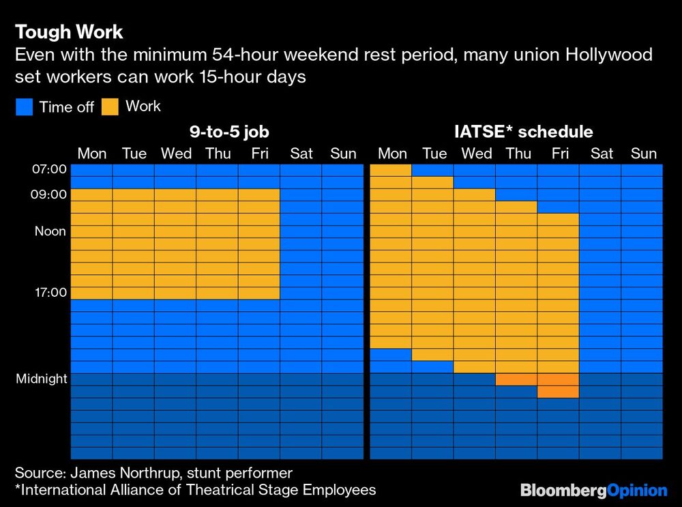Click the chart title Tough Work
click(69, 32)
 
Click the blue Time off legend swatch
click(23, 106)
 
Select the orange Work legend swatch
click(109, 106)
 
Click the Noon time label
click(50, 231)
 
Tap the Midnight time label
click(42, 379)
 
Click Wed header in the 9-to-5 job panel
click(176, 154)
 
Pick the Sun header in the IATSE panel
click(643, 154)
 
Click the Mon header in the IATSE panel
click(392, 154)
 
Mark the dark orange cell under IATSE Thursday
click(516, 379)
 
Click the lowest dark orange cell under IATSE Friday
click(558, 392)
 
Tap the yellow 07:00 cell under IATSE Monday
click(391, 170)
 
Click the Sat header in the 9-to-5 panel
click(301, 154)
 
